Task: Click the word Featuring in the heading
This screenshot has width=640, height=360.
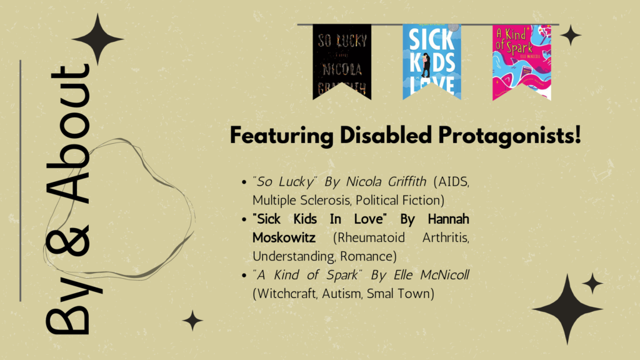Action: (282, 136)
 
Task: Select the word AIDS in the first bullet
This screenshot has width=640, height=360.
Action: (454, 182)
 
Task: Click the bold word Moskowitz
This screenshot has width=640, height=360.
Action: (284, 237)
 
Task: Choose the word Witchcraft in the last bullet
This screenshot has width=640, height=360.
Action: (285, 294)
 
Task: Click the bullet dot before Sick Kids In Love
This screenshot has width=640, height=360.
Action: (244, 219)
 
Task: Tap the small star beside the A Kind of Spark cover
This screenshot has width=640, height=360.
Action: (571, 36)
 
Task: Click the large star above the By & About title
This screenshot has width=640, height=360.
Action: (97, 39)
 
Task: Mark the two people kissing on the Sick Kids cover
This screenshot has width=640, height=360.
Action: (426, 65)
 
